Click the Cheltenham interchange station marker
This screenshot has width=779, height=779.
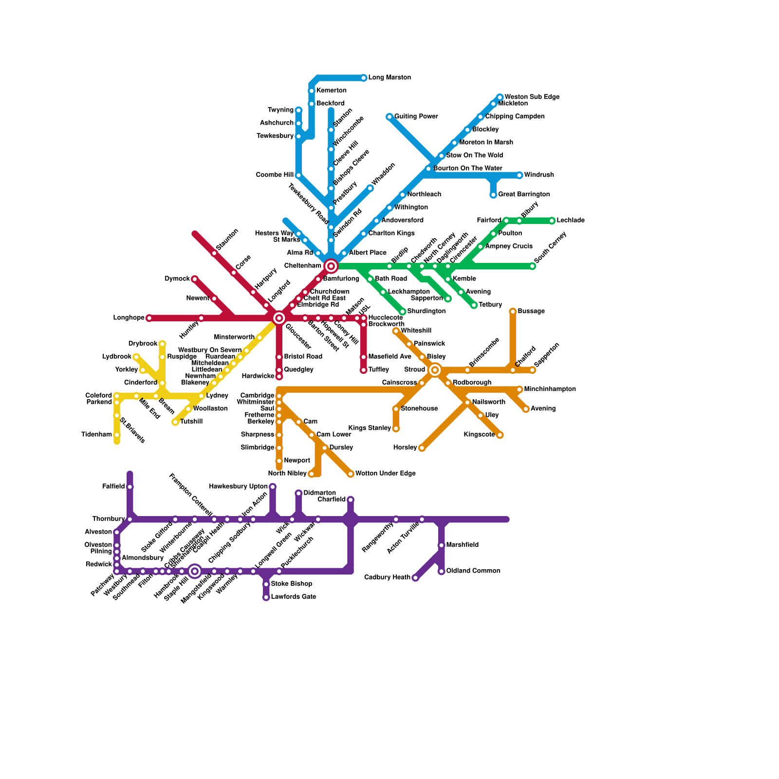click(x=331, y=266)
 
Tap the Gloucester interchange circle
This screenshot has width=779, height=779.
click(x=279, y=318)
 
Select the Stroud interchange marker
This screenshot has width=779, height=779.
click(x=435, y=370)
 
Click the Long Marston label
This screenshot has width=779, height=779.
click(x=389, y=77)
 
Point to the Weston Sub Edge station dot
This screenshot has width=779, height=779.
click(x=500, y=97)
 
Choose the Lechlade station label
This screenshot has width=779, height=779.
click(x=571, y=221)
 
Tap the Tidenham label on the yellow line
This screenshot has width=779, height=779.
click(x=96, y=434)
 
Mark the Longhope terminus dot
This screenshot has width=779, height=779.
click(x=149, y=318)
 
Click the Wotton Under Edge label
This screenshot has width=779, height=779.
click(x=385, y=474)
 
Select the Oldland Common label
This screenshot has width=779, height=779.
click(x=473, y=571)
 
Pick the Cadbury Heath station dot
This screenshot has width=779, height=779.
click(x=415, y=578)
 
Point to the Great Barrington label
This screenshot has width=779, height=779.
click(x=524, y=194)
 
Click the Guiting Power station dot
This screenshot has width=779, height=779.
click(x=389, y=117)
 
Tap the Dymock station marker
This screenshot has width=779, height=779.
click(x=195, y=279)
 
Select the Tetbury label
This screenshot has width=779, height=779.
click(x=490, y=305)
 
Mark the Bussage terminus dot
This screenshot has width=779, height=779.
click(x=513, y=312)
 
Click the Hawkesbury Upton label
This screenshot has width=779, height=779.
click(x=238, y=486)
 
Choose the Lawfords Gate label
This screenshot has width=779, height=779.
click(x=294, y=597)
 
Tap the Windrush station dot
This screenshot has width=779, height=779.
click(x=519, y=175)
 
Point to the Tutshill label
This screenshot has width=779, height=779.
click(x=191, y=422)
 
